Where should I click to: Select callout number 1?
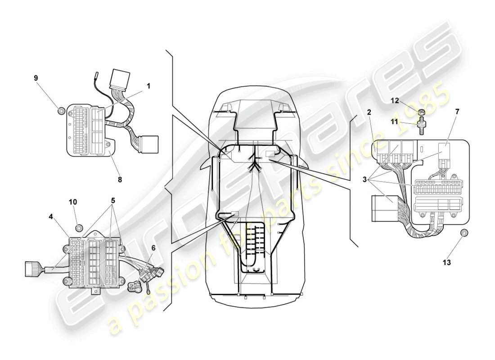pos(148,85)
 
